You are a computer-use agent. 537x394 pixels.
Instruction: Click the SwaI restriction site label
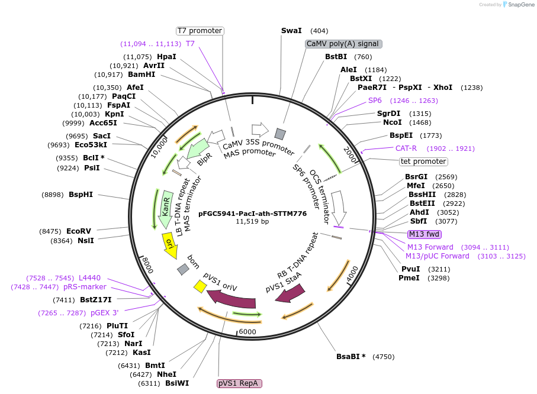point(291,31)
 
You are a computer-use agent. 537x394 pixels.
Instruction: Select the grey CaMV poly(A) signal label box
point(343,44)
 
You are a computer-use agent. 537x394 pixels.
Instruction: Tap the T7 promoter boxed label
point(200,31)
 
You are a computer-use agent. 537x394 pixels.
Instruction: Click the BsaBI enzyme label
point(351,357)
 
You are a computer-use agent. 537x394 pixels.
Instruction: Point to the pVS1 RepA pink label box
point(239,383)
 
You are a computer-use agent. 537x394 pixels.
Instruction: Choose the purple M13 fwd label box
point(424,234)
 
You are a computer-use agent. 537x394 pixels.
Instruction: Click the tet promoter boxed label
point(423,162)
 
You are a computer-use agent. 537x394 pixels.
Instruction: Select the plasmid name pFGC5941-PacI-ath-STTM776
point(252,214)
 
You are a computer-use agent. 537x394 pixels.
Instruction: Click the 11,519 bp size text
point(252,222)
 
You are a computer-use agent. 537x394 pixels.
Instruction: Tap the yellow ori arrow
point(170,244)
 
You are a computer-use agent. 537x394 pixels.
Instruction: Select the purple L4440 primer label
point(89,278)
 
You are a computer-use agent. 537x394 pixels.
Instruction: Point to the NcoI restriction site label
point(392,122)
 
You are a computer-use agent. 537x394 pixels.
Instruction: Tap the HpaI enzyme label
point(166,57)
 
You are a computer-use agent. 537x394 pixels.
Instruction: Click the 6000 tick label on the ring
point(247,332)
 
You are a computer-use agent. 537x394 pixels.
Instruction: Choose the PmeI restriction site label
point(409,277)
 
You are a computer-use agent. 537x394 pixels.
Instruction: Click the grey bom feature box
point(183,269)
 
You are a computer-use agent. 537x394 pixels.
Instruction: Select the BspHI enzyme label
point(81,195)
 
